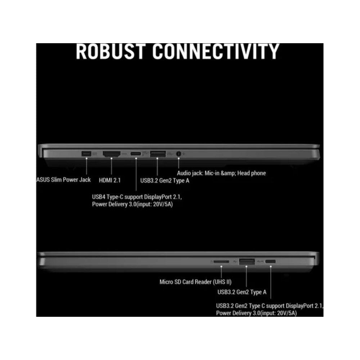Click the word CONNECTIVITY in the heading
[x=216, y=51]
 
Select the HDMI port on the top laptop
[x=111, y=154]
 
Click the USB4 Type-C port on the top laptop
[x=136, y=154]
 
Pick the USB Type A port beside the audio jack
[x=158, y=154]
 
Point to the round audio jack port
[x=179, y=154]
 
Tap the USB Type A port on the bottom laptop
[x=247, y=261]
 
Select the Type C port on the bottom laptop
[x=271, y=261]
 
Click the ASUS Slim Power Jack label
[x=64, y=180]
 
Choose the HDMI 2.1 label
[x=110, y=180]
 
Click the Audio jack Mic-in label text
[x=221, y=173]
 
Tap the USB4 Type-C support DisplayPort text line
[x=140, y=197]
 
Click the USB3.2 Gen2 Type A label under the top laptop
[x=165, y=180]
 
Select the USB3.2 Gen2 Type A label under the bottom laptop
[x=242, y=293]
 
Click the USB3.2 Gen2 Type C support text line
[x=269, y=306]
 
